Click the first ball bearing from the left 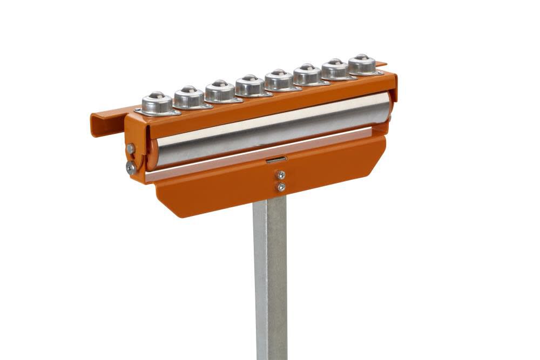click(157, 103)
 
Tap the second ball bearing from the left click(189, 97)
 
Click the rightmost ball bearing click(362, 64)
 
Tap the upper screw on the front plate click(281, 175)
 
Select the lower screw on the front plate click(281, 187)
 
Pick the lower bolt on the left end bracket click(131, 168)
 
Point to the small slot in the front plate click(276, 160)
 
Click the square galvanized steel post click(270, 281)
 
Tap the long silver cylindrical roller click(270, 130)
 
